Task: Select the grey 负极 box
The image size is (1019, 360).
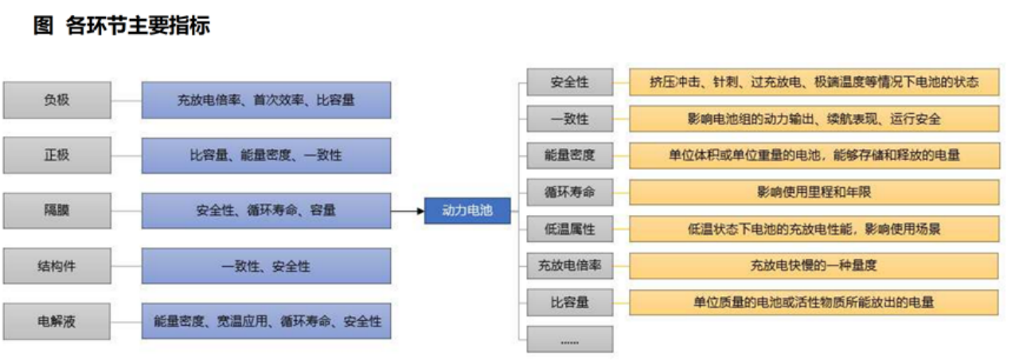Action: [57, 100]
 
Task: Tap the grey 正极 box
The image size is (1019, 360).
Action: [57, 155]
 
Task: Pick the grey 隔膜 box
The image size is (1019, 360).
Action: [57, 210]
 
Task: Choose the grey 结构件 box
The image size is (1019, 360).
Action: [57, 266]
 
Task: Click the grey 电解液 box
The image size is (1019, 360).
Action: [57, 322]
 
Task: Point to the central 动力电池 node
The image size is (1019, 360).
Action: [467, 210]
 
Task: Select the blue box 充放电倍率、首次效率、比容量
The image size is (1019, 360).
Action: [266, 100]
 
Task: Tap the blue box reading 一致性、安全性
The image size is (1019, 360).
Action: [266, 266]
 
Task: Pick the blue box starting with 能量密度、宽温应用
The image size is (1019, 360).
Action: [266, 322]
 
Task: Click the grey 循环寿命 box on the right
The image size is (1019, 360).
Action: [570, 192]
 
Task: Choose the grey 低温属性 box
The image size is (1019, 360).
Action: [570, 229]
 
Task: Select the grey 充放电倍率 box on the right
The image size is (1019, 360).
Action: [570, 266]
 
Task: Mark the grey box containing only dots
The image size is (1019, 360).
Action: [570, 340]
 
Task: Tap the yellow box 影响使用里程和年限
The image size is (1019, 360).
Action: [814, 192]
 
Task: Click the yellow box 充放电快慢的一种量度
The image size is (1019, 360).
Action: [814, 266]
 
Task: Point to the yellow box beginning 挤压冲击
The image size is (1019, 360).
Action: [814, 82]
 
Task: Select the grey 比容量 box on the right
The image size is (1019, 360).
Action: [570, 303]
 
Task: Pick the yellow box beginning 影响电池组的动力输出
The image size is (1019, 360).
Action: [814, 119]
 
